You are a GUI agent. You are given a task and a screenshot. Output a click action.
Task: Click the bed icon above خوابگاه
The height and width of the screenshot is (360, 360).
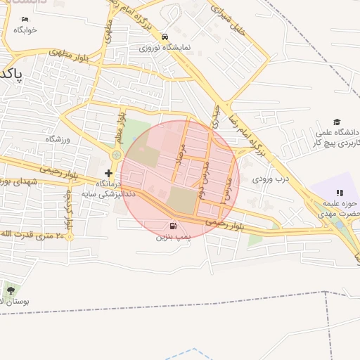pos(25,20)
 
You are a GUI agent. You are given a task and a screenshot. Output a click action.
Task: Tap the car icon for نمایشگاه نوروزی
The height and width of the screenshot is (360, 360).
pos(165,37)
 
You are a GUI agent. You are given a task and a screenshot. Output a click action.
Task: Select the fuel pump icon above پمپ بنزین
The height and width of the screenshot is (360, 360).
pos(173,226)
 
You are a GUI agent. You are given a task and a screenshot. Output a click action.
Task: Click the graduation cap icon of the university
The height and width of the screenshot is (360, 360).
pos(337,122)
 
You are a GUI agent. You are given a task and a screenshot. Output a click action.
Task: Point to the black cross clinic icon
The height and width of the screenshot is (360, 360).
pos(108,173)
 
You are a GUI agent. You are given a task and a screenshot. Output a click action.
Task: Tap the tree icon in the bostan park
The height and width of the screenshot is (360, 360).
pos(10,290)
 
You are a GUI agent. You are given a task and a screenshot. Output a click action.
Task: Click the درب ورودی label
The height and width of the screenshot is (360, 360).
pos(271,179)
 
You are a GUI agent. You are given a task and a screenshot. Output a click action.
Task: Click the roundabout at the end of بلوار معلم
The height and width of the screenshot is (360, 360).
pos(116,155)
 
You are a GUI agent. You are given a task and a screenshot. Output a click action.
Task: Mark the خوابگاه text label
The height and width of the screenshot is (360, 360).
pos(25,30)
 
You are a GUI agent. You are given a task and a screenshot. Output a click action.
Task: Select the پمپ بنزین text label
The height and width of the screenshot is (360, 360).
pos(173,238)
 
